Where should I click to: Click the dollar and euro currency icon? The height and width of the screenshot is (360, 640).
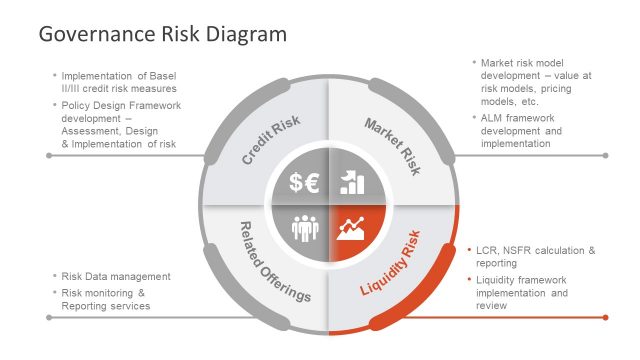coord(304,182)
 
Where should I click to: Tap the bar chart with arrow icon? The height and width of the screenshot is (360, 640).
coord(352,181)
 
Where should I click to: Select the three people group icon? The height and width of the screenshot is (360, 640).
coord(304,228)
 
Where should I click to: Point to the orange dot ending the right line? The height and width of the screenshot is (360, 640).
coord(606,318)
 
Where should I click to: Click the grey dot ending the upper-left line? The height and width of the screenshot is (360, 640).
coord(49,156)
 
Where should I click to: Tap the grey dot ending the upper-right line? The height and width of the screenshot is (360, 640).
coord(606,155)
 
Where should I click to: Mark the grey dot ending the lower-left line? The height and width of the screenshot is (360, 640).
coord(49,318)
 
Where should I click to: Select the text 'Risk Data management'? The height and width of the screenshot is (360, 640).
coord(116,276)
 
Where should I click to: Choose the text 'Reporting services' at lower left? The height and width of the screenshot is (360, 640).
coord(107,305)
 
